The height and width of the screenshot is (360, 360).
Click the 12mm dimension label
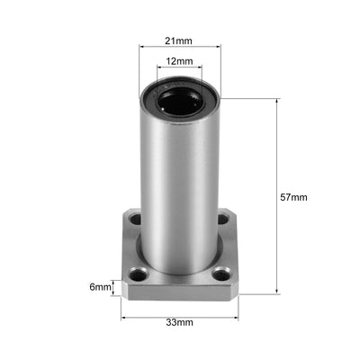179,62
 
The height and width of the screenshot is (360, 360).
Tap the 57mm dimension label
294,196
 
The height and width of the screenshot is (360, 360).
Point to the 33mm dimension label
179,321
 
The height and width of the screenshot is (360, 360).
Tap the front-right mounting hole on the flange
221,274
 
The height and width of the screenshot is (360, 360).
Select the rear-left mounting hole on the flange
135,219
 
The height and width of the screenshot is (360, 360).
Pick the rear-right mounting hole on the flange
222,219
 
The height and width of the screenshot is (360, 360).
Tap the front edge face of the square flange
179,294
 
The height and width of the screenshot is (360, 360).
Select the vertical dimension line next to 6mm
114,288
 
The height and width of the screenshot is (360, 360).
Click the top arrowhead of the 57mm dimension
275,101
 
